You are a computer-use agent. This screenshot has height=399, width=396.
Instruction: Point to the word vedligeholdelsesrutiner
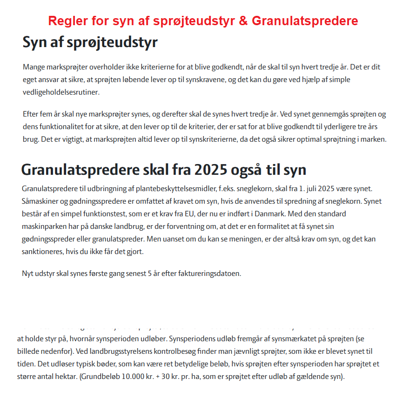pyautogui.click(x=61, y=92)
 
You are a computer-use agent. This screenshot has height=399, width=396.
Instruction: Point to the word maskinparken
pyautogui.click(x=43, y=227)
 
